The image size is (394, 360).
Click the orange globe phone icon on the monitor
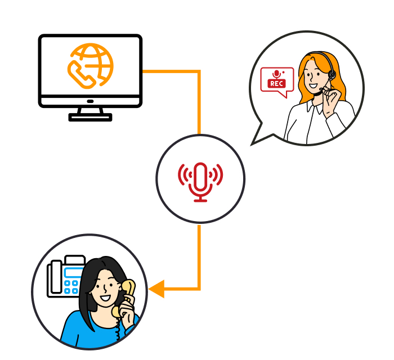[90, 66]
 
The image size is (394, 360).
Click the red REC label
[277, 83]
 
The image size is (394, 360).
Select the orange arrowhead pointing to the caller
[156, 289]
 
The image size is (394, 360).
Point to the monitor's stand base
[90, 117]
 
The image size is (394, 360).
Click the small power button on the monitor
[90, 101]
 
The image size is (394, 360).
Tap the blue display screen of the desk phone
[73, 272]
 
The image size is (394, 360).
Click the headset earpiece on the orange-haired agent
[332, 75]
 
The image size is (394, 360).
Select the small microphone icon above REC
[276, 74]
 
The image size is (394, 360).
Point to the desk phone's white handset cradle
[56, 277]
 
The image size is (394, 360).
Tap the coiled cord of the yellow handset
[118, 328]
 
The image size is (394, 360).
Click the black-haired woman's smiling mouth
[105, 298]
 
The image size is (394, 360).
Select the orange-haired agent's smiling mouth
[313, 85]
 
